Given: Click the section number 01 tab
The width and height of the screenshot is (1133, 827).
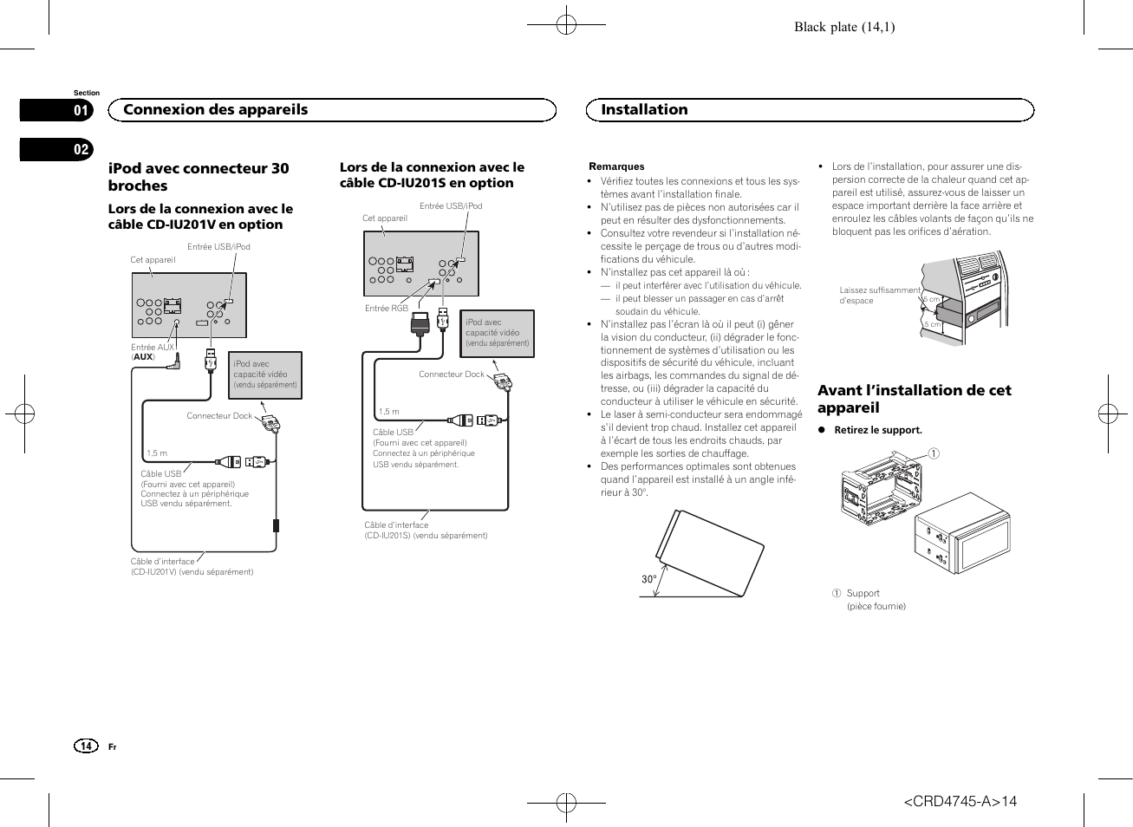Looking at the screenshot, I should pyautogui.click(x=81, y=110).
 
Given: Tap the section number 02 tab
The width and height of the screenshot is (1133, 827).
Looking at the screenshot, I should pyautogui.click(x=81, y=149).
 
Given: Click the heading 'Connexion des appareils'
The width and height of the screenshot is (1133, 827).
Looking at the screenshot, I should pyautogui.click(x=215, y=110).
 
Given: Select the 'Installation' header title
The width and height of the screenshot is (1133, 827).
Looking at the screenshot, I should pyautogui.click(x=644, y=110).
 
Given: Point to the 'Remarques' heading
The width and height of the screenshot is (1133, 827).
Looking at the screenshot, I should pyautogui.click(x=616, y=166).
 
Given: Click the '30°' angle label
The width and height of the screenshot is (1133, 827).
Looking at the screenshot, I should pyautogui.click(x=648, y=579).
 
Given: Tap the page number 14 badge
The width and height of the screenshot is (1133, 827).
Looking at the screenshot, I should pyautogui.click(x=86, y=746).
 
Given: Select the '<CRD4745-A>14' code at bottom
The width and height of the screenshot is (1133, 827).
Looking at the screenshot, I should pyautogui.click(x=960, y=801).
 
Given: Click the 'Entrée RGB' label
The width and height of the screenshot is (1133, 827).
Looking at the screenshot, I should pyautogui.click(x=386, y=309).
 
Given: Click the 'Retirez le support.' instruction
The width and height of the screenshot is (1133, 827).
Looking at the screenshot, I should pyautogui.click(x=877, y=430).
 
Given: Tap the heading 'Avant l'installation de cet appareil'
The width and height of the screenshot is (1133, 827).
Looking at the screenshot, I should pyautogui.click(x=914, y=399).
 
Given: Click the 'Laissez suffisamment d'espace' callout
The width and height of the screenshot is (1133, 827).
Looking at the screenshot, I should pyautogui.click(x=878, y=296).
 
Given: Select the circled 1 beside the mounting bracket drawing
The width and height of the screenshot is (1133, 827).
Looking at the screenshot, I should pyautogui.click(x=934, y=453).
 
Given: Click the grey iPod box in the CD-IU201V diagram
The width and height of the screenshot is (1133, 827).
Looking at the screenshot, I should pyautogui.click(x=265, y=374).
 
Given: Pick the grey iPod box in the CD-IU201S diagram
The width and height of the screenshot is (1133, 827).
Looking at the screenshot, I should pyautogui.click(x=497, y=333).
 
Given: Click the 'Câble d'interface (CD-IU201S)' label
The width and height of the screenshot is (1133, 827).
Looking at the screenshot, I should pyautogui.click(x=425, y=531).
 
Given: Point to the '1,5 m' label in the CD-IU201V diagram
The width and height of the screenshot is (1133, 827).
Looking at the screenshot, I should pyautogui.click(x=157, y=453).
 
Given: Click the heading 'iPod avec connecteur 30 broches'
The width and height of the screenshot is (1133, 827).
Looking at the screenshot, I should pyautogui.click(x=199, y=177).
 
